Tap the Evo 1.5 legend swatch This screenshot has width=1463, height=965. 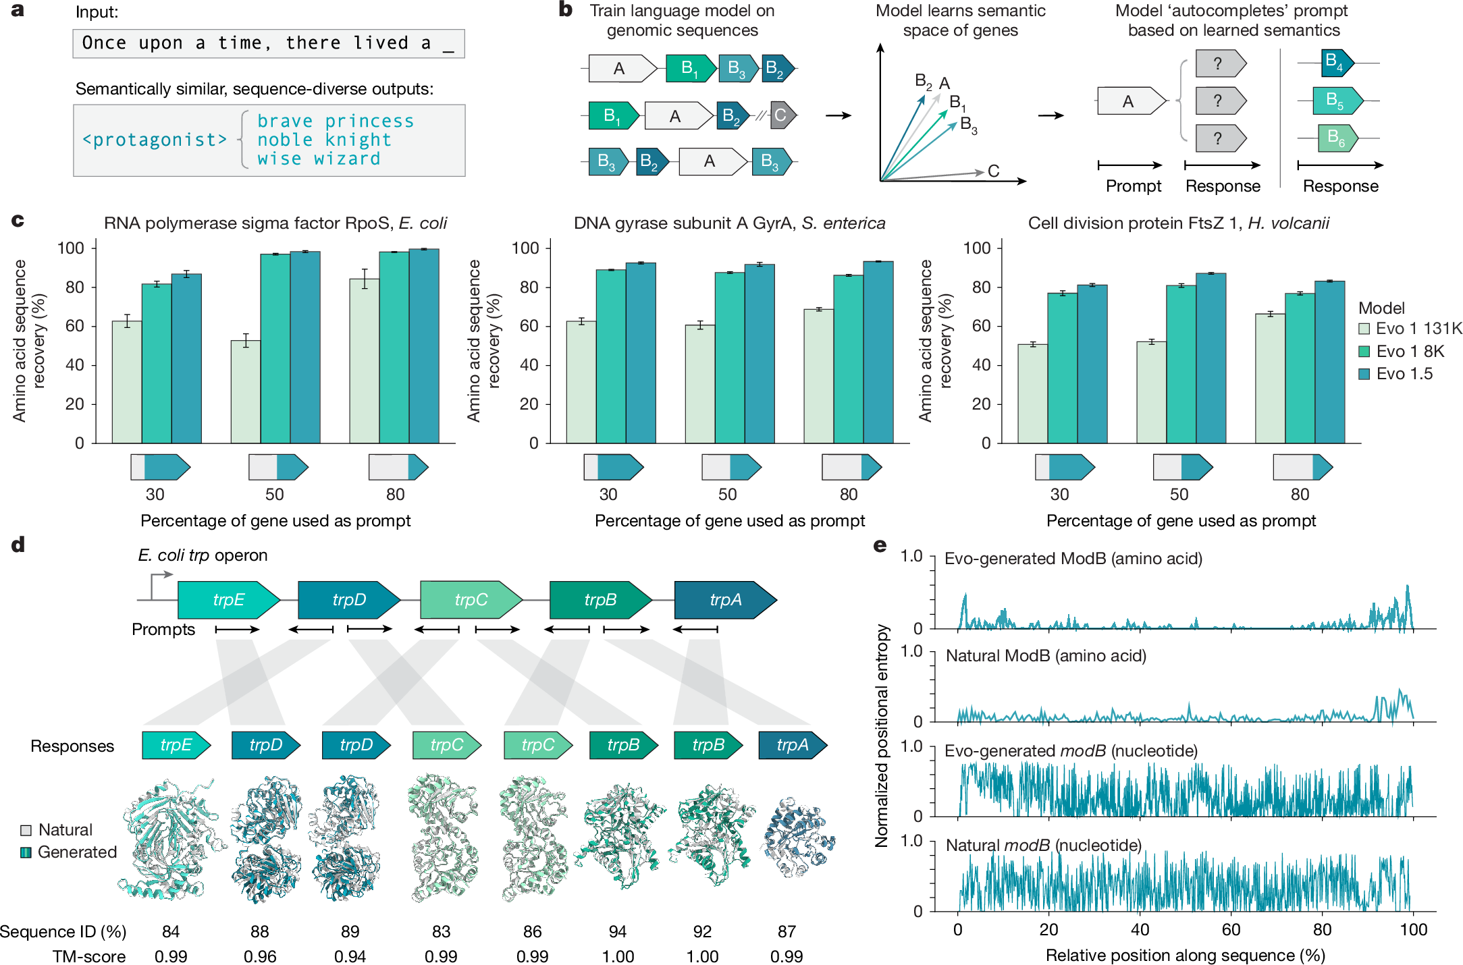[x=1364, y=374]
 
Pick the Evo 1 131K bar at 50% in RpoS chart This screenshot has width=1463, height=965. [x=246, y=391]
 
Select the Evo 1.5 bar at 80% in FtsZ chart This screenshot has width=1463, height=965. [x=1329, y=362]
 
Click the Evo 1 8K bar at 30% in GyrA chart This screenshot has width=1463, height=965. [x=610, y=356]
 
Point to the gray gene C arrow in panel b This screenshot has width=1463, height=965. [x=782, y=115]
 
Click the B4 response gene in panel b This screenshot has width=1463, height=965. [x=1335, y=63]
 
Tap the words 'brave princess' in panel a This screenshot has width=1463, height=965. [x=336, y=121]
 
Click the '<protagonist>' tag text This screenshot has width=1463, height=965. [x=155, y=140]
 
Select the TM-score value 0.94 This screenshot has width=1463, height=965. [x=350, y=956]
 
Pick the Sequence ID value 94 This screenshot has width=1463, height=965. [x=617, y=931]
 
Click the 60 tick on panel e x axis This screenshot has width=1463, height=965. [x=1231, y=929]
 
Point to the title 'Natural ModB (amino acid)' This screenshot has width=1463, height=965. [x=1046, y=656]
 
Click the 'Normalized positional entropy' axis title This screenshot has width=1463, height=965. [x=881, y=736]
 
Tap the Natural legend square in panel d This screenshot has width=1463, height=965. [x=26, y=830]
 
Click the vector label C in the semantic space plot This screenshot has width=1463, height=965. [x=993, y=171]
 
